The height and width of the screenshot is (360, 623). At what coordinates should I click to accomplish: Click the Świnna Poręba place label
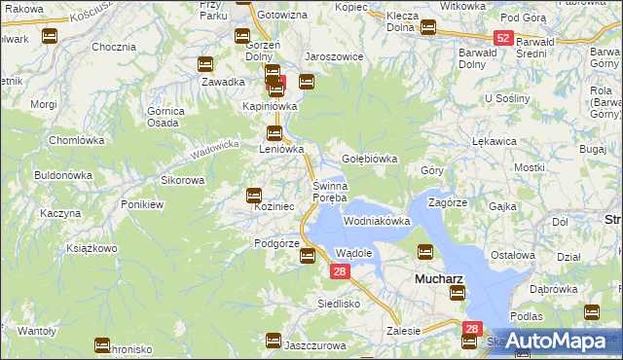coord(329,192)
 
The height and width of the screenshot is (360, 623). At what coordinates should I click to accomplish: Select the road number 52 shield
coord(502,38)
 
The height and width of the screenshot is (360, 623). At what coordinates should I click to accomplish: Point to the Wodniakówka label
coord(377,221)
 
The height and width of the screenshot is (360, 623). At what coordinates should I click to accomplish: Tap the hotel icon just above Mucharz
coord(425,252)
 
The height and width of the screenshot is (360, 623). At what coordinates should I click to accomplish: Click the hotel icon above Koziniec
coord(254,195)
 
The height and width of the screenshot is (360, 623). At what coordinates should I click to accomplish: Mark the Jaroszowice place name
coord(334,56)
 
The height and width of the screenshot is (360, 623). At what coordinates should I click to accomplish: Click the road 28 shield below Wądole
coord(338,272)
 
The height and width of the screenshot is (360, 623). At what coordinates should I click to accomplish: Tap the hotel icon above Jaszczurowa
coord(274,341)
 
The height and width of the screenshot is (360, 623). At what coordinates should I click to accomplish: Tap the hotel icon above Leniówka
coord(275,133)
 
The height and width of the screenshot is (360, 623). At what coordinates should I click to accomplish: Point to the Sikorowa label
coord(182,180)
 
